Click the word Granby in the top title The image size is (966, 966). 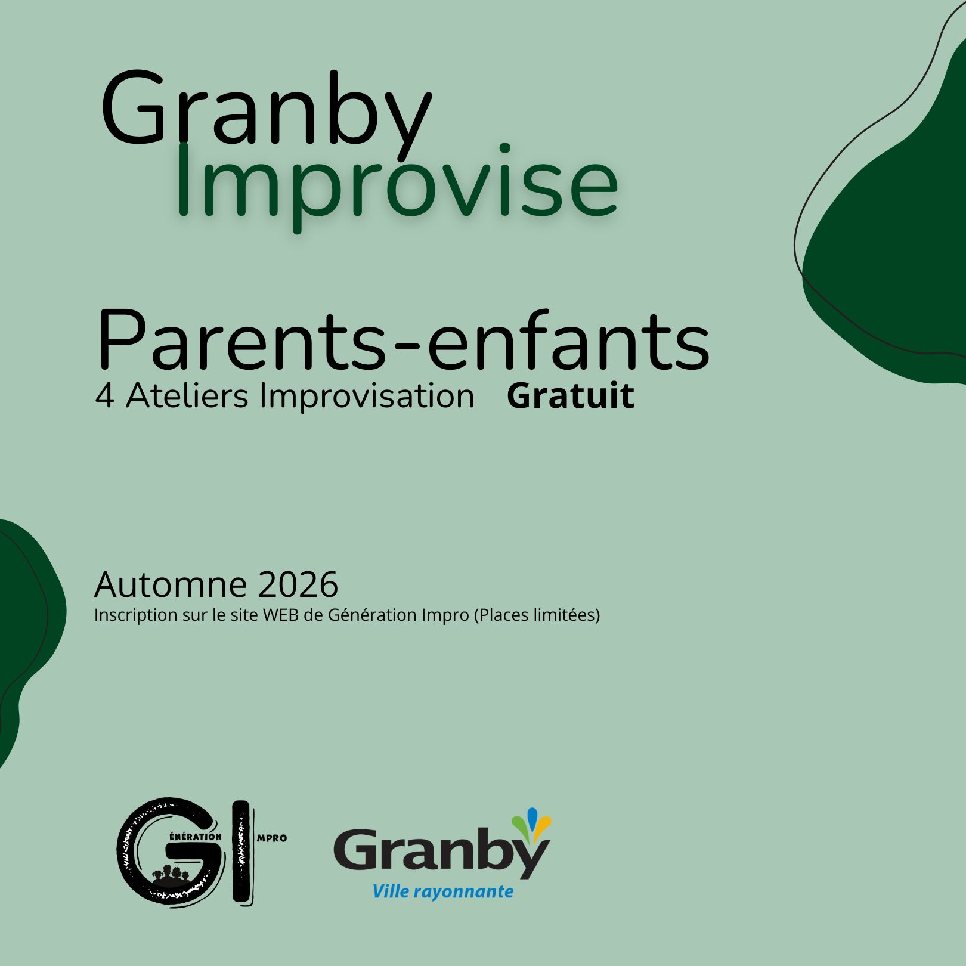(x=266, y=111)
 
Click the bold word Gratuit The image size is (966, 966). (x=570, y=396)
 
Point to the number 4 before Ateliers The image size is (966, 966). (x=104, y=397)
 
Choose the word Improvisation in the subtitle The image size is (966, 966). (x=367, y=397)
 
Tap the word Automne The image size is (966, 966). (x=171, y=584)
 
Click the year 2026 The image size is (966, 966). (x=298, y=584)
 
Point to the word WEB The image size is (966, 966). (x=280, y=615)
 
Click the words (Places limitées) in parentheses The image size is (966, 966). (x=537, y=615)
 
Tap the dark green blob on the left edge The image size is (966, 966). (x=27, y=626)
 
